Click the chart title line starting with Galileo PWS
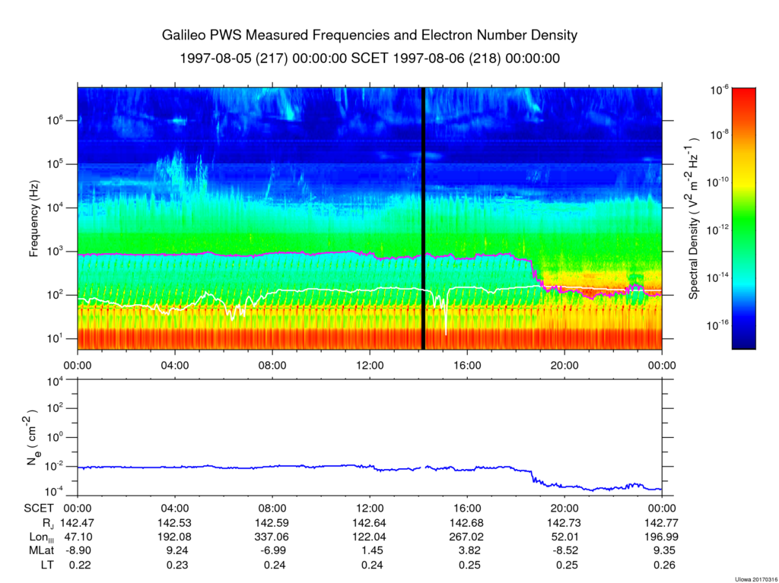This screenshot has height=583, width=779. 370,35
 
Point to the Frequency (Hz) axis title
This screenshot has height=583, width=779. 33,218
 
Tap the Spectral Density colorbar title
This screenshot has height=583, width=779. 694,218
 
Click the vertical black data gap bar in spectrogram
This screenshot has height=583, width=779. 423,218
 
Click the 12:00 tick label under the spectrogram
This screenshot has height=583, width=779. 370,366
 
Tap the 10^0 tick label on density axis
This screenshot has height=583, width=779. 63,437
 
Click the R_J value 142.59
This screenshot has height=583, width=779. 272,523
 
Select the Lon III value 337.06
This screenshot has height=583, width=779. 272,537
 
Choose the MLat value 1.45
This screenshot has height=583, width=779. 370,551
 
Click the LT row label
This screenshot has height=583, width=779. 47,565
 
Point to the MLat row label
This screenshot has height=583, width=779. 41,551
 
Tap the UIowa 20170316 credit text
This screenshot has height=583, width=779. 755,579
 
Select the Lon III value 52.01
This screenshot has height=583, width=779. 564,537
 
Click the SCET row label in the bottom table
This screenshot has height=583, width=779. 39,509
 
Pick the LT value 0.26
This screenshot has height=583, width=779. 662,565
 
